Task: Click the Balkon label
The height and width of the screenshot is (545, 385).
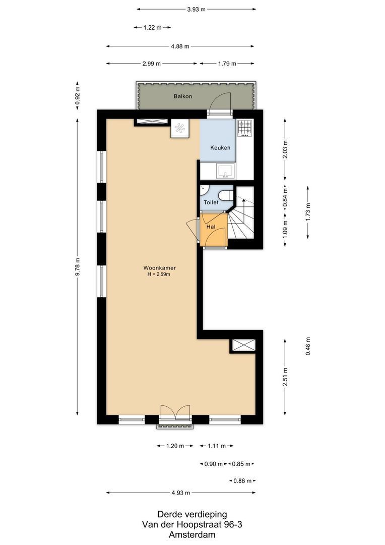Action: pyautogui.click(x=182, y=96)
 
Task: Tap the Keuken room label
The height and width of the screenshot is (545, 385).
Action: pyautogui.click(x=220, y=148)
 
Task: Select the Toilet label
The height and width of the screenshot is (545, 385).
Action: pyautogui.click(x=211, y=202)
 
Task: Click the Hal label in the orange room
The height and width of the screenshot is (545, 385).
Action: pyautogui.click(x=211, y=227)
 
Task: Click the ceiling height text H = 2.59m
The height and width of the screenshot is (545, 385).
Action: pyautogui.click(x=159, y=275)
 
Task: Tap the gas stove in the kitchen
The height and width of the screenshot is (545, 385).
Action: pyautogui.click(x=245, y=128)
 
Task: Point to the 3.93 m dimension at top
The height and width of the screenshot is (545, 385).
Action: pyautogui.click(x=197, y=9)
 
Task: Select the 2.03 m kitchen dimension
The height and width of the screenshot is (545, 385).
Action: pyautogui.click(x=285, y=149)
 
